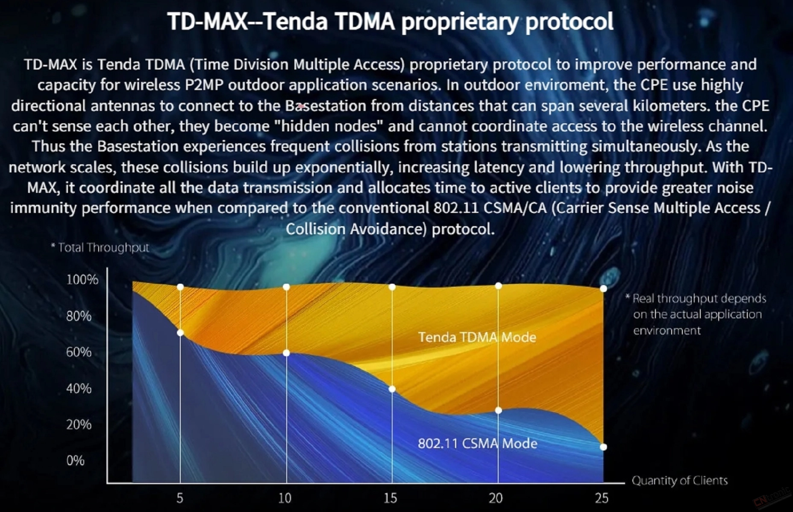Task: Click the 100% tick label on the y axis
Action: [x=82, y=279]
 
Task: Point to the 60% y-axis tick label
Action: [x=79, y=352]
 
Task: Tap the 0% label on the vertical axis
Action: [x=75, y=461]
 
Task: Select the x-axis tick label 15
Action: [x=391, y=498]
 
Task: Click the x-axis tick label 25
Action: [x=602, y=498]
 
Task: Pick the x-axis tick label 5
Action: [x=180, y=498]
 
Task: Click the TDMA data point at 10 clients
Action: [x=286, y=287]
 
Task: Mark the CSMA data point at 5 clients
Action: [x=180, y=333]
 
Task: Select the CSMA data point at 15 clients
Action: [x=392, y=389]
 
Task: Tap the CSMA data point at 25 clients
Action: [x=603, y=447]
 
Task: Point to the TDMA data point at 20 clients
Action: [x=498, y=286]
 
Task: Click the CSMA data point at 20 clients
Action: [x=498, y=410]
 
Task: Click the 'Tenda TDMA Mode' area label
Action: [x=477, y=337]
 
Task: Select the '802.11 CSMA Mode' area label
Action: [x=477, y=443]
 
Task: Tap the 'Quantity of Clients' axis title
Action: [x=679, y=481]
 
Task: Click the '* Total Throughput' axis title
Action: [x=100, y=247]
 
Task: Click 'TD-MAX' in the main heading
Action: [x=208, y=21]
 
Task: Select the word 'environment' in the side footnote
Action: [x=667, y=331]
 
